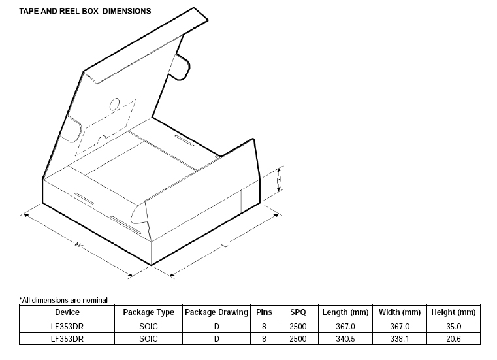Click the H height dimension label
coord(278,180)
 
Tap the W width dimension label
coord(78,244)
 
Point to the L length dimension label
coord(225,245)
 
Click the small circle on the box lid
coord(114,105)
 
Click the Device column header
coord(67,312)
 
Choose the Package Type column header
coord(148,312)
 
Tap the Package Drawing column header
coord(216,312)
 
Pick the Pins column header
coord(264,312)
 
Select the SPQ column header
coord(298,312)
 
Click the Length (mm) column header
coord(345,312)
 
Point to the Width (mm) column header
coord(400,312)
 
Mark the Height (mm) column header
coord(453,312)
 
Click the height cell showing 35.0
coord(453,327)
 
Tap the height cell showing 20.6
coord(453,338)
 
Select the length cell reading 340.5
coord(345,338)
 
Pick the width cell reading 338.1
coord(400,338)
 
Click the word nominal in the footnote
coord(95,300)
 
